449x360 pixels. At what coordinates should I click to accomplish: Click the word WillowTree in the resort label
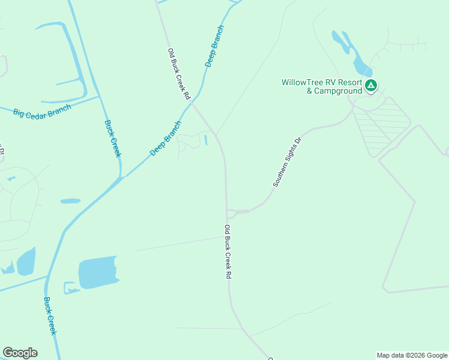point(303,82)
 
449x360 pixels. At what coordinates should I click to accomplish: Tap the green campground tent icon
point(372,86)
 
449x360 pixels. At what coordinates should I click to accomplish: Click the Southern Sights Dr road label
point(286,161)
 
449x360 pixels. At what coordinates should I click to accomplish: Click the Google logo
point(20,353)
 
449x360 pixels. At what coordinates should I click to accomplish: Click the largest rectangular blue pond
point(98,272)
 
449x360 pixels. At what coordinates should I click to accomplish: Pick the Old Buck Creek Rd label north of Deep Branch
point(179,74)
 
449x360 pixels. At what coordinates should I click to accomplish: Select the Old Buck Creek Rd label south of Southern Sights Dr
point(228,251)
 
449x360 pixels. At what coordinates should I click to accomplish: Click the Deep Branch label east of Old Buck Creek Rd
point(214,46)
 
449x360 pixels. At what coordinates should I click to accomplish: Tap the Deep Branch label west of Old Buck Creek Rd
point(166,139)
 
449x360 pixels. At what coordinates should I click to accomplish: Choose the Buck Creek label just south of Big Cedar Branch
point(113,138)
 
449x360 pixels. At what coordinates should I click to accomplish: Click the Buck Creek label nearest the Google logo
point(51,316)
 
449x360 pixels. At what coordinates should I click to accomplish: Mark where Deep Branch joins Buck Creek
point(120,178)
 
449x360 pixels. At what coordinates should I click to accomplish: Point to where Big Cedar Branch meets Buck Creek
point(99,97)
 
